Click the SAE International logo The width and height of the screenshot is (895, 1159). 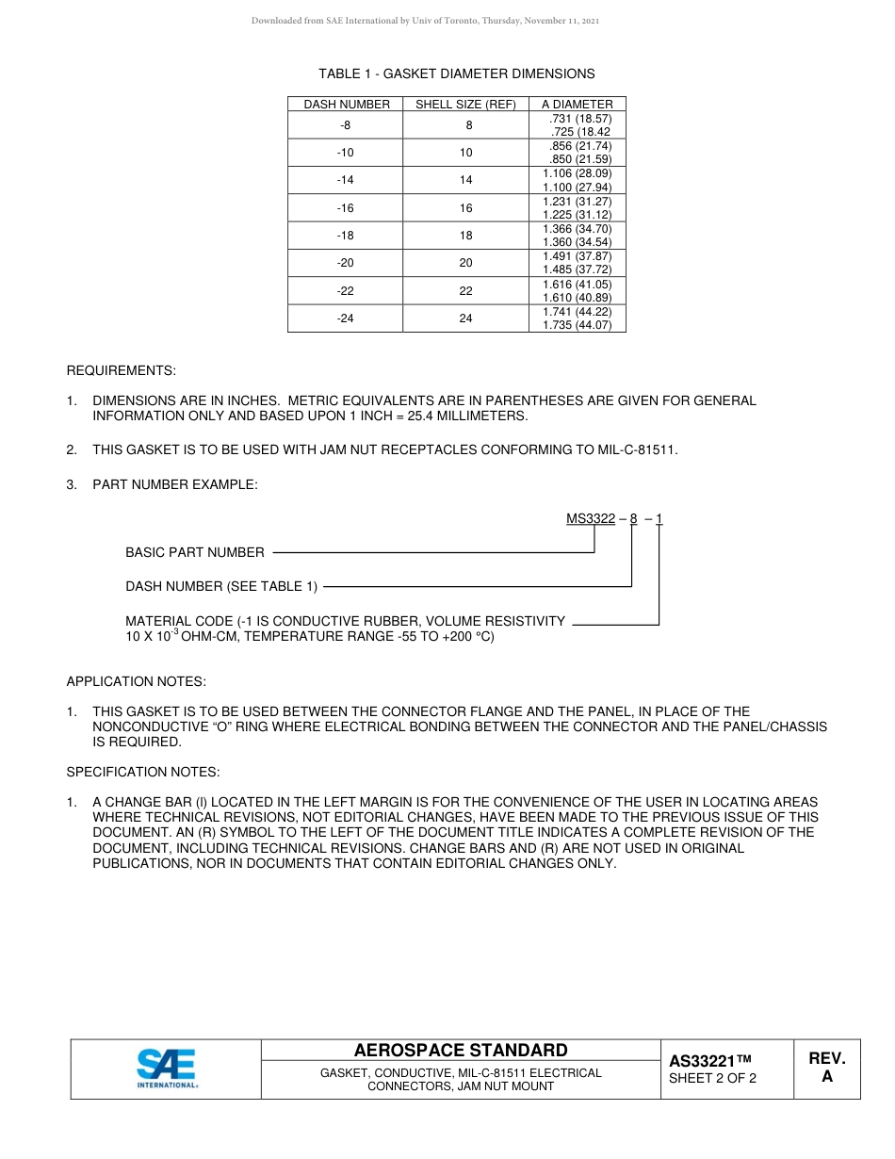(167, 1069)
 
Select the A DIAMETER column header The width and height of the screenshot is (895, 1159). (577, 105)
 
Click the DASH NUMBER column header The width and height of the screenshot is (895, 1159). (346, 105)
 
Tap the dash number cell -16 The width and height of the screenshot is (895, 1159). (346, 208)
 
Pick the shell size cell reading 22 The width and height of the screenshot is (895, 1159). (465, 291)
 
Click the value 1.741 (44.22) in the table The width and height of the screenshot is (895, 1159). (577, 312)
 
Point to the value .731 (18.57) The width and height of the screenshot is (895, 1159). (579, 119)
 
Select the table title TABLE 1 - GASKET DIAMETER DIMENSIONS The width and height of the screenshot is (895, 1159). (456, 73)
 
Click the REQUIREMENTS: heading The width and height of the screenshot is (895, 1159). (121, 370)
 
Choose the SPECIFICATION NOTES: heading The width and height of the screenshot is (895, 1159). (143, 772)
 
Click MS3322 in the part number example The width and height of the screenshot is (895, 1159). (590, 519)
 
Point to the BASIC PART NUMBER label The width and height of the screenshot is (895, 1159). (195, 552)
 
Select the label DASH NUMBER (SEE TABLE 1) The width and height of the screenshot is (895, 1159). (221, 586)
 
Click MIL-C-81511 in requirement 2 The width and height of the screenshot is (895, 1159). (637, 449)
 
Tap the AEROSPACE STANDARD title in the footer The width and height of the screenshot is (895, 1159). (461, 1051)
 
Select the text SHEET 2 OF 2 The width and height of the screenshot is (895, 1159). (712, 1079)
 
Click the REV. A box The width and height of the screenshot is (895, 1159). (827, 1068)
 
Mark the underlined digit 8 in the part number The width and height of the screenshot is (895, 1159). (633, 519)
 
